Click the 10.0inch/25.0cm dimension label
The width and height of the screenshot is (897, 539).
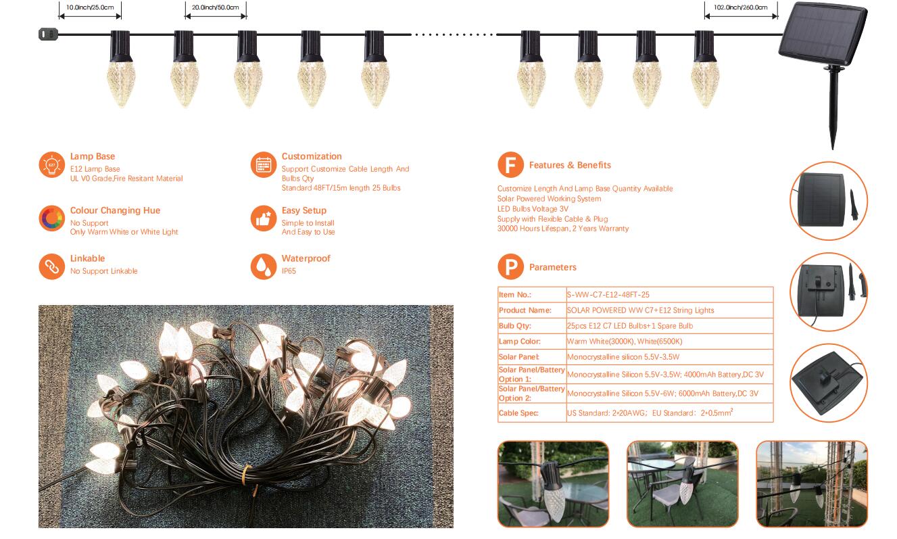(90, 7)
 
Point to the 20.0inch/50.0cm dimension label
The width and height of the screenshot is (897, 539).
(215, 7)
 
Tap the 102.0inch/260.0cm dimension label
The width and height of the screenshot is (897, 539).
(740, 7)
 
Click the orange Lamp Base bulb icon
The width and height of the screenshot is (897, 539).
(51, 165)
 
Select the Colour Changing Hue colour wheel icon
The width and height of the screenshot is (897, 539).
(51, 218)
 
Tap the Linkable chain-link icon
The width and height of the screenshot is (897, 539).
(51, 266)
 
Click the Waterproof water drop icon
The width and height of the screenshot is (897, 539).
(263, 266)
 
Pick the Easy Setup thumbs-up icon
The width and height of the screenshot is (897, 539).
(263, 218)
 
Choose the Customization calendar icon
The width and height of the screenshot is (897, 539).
(263, 165)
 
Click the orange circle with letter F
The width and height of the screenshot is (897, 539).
(510, 165)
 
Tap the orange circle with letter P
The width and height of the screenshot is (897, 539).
(510, 267)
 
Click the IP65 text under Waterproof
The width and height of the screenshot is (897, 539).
(289, 271)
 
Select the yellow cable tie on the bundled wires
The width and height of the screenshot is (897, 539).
(247, 472)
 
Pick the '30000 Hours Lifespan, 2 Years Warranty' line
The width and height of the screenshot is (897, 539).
(562, 229)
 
